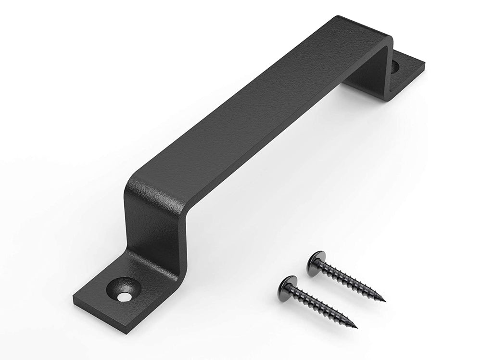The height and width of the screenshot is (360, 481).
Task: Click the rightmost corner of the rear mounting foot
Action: coord(425,62)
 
